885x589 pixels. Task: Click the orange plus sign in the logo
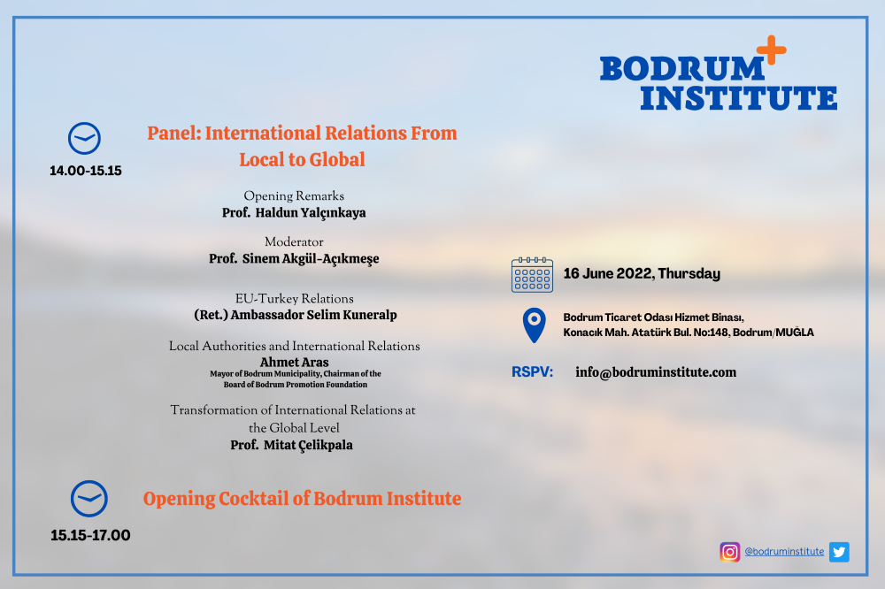(x=772, y=50)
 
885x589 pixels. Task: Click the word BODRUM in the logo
(x=681, y=69)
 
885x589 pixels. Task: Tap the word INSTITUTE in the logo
(x=739, y=98)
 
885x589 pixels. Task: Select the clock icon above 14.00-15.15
(x=85, y=138)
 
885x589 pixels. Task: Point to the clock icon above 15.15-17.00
(x=89, y=499)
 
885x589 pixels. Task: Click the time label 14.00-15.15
(x=86, y=171)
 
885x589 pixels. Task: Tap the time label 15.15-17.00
(x=90, y=535)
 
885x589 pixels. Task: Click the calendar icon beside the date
(x=532, y=275)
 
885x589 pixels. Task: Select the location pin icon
(x=534, y=325)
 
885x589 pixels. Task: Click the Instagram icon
(x=730, y=552)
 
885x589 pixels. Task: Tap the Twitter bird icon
(x=839, y=552)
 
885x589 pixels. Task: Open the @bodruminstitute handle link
(x=784, y=552)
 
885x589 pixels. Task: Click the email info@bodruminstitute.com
(x=656, y=372)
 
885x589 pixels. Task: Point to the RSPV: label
(x=532, y=372)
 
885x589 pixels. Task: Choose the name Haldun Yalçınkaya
(x=311, y=212)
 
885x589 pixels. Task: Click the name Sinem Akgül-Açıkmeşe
(x=311, y=259)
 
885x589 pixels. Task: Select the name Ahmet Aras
(x=294, y=363)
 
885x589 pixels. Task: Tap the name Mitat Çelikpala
(x=308, y=445)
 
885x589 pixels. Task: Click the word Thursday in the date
(x=689, y=273)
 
